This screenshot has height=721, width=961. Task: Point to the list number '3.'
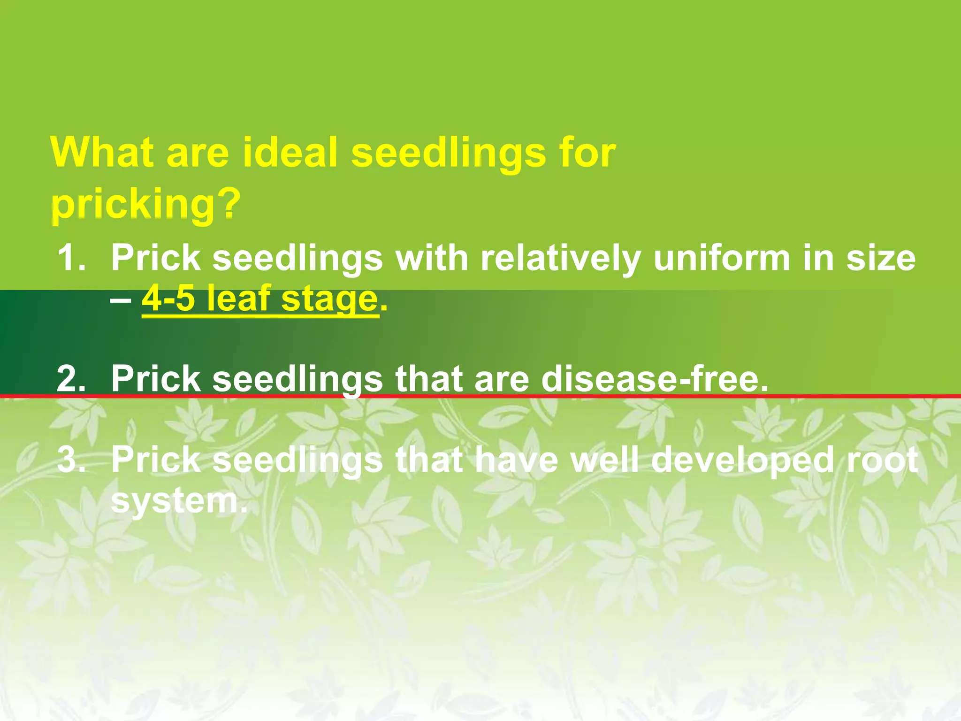click(x=71, y=460)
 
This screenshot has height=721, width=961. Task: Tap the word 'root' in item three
click(x=883, y=460)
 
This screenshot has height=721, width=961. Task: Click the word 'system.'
click(x=179, y=501)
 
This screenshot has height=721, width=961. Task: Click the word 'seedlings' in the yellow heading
click(x=448, y=153)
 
